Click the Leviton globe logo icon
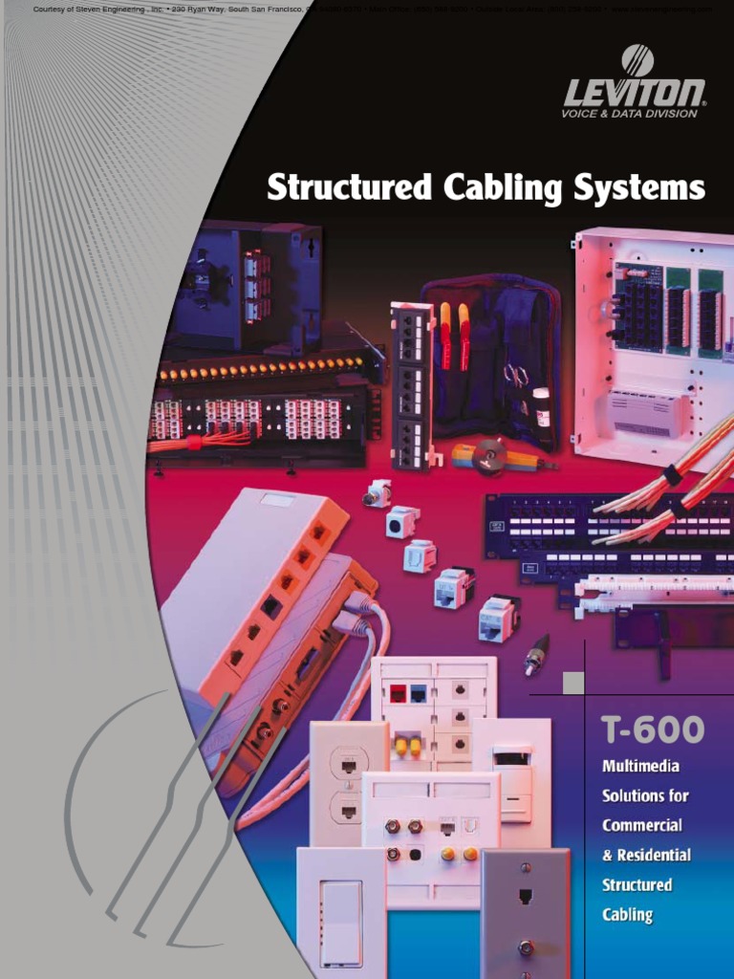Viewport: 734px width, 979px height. point(637,60)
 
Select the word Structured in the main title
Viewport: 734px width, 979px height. point(349,187)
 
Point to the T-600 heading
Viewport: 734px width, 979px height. point(653,731)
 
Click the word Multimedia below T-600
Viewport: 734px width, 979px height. point(641,766)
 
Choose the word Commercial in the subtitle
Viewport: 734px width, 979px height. point(642,825)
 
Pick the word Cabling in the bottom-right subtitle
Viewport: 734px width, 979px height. point(627,915)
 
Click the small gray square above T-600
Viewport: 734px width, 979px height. point(573,683)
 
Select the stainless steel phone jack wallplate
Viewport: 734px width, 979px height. point(525,913)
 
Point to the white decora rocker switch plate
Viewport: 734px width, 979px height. point(339,913)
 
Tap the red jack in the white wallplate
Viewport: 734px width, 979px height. point(398,693)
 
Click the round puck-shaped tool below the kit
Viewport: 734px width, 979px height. point(489,456)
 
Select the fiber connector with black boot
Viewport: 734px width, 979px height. point(535,654)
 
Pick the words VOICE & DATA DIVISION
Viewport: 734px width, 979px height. point(629,114)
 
